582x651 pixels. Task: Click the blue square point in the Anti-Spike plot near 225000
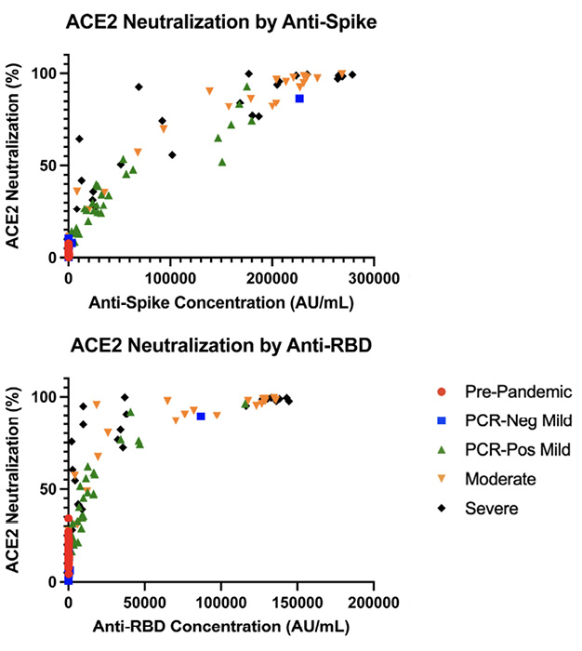click(x=299, y=98)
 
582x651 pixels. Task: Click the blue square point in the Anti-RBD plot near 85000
click(x=200, y=416)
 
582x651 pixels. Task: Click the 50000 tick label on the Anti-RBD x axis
click(x=144, y=600)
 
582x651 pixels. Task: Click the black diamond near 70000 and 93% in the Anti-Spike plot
click(x=139, y=86)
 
